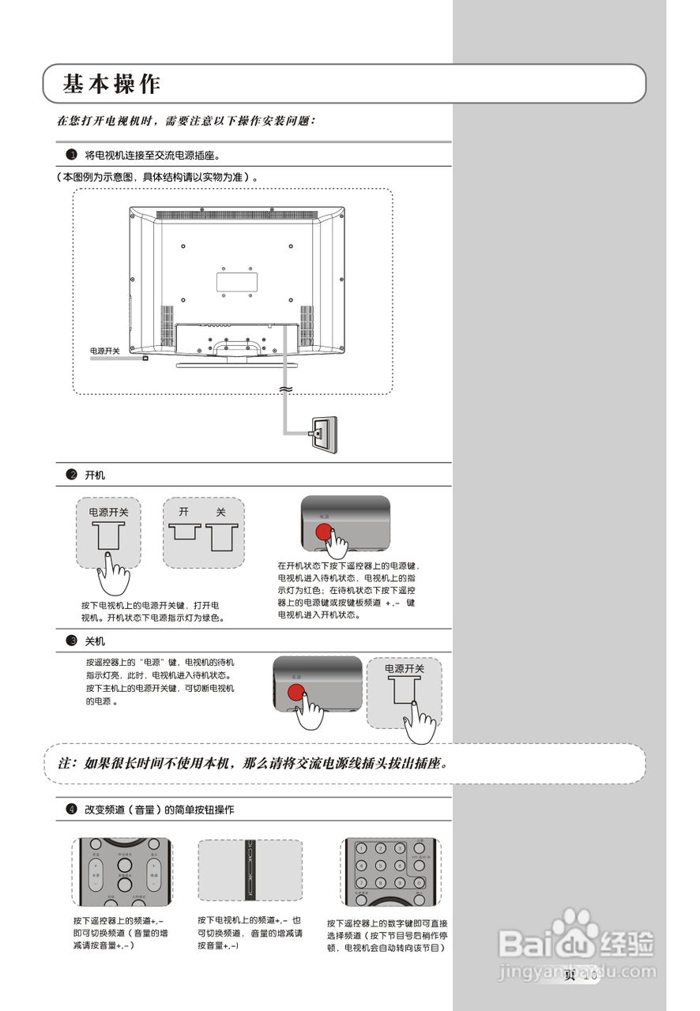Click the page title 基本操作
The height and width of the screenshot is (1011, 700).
(112, 84)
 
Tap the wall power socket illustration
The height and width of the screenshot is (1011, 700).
(323, 434)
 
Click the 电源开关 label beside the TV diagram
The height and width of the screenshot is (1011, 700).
(104, 351)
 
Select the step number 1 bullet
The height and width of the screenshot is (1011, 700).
(71, 155)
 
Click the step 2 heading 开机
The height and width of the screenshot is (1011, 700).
(95, 475)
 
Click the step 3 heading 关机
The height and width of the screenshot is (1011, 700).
(95, 641)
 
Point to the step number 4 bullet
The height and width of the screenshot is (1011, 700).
(71, 810)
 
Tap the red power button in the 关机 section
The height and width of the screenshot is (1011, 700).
(296, 693)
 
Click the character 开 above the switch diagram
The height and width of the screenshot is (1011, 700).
(183, 512)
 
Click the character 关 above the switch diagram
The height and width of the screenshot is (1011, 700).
(221, 512)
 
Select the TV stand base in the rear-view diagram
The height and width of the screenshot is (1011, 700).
(238, 364)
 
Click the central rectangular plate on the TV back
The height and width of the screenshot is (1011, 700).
(237, 280)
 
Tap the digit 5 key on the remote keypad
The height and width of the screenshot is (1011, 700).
(380, 866)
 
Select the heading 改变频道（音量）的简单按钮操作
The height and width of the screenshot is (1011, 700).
(160, 810)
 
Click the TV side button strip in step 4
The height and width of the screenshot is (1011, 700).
(250, 870)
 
